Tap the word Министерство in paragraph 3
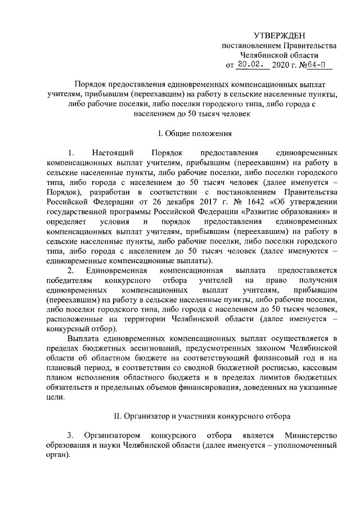tap(310, 436)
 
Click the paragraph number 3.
tap(70, 436)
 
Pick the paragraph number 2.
tap(70, 271)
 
